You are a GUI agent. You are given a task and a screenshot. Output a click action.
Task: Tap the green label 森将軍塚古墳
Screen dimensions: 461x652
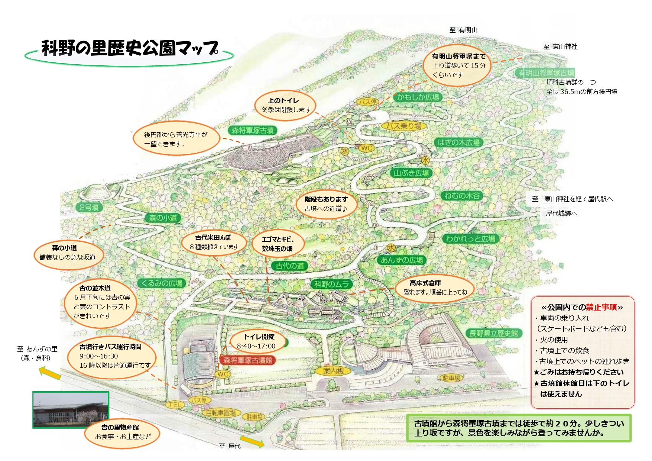point(253,130)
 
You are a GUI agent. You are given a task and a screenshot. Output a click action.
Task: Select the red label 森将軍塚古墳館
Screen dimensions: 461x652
point(247,360)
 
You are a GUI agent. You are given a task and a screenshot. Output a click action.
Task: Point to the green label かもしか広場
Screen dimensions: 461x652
point(418,97)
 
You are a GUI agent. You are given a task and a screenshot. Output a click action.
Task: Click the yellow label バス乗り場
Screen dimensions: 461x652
point(403,126)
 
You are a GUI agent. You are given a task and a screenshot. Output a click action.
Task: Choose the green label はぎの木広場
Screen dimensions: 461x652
point(458,142)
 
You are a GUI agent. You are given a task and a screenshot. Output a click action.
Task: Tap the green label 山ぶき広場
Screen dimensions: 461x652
point(411,173)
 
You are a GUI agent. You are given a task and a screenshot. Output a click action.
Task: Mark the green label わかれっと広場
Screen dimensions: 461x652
point(471,239)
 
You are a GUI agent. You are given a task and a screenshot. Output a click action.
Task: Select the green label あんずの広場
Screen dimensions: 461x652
point(402,260)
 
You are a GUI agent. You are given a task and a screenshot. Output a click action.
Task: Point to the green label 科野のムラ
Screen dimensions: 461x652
point(332,284)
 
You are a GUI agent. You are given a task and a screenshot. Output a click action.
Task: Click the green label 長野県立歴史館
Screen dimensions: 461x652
point(493,333)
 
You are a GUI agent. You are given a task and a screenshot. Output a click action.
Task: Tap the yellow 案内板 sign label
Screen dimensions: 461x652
point(334,371)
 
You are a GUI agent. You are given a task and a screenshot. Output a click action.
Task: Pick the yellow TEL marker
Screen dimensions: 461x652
point(175,405)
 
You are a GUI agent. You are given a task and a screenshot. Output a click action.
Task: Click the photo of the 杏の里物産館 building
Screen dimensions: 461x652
point(71,409)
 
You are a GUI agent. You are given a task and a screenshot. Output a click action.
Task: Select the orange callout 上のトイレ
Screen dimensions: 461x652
point(285,105)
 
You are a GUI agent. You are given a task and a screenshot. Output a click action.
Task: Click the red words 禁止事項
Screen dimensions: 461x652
point(601,307)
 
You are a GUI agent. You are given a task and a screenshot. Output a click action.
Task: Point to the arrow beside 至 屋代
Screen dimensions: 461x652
point(252,442)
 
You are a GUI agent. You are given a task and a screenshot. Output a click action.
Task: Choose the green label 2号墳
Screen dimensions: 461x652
point(89,207)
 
